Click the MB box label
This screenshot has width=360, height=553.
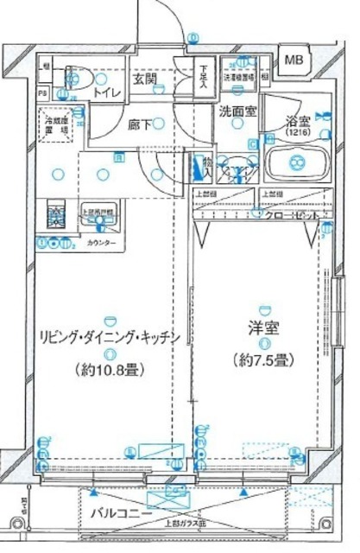[294, 60]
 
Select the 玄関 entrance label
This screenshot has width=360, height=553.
[143, 79]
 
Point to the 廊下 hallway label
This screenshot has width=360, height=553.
[140, 124]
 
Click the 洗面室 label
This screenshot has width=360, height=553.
[234, 111]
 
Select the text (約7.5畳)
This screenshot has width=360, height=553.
[262, 359]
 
